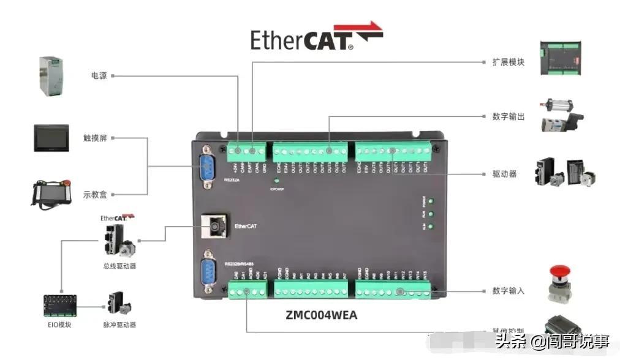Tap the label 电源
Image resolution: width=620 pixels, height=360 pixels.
pyautogui.click(x=99, y=76)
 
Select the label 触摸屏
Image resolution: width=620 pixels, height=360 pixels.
pyautogui.click(x=95, y=138)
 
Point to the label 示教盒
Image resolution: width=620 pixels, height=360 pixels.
pyautogui.click(x=95, y=195)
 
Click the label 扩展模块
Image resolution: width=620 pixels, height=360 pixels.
pyautogui.click(x=508, y=62)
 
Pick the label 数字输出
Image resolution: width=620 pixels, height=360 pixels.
pyautogui.click(x=508, y=116)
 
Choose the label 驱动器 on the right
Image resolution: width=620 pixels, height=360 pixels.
pyautogui.click(x=504, y=174)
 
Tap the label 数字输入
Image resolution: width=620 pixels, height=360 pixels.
pyautogui.click(x=508, y=290)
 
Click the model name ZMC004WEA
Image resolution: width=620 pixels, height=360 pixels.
pyautogui.click(x=321, y=315)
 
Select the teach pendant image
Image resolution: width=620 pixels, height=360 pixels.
pyautogui.click(x=52, y=194)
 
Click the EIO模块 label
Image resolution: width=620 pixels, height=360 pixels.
pyautogui.click(x=59, y=324)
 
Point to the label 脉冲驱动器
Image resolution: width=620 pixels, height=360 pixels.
pyautogui.click(x=119, y=324)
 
